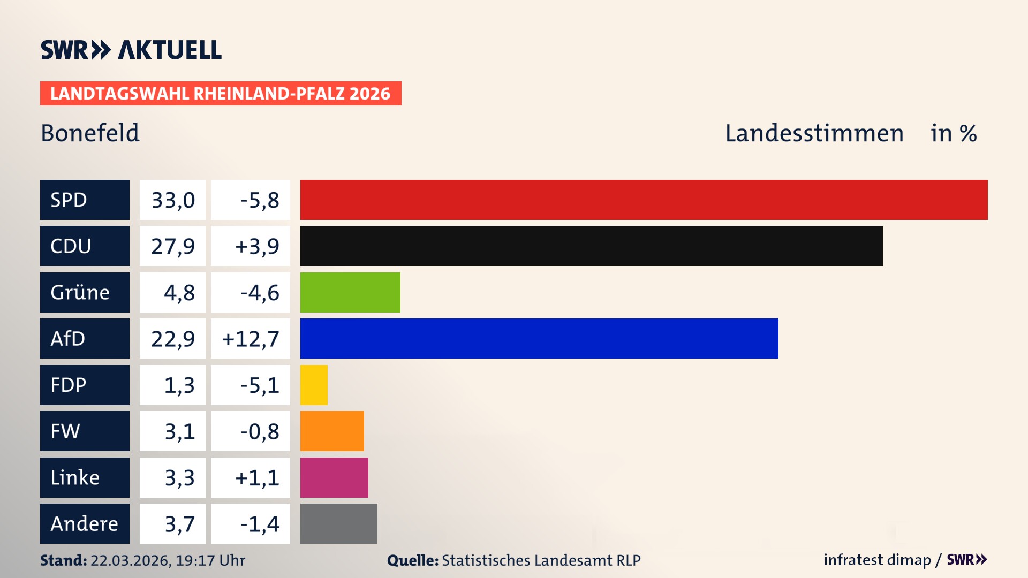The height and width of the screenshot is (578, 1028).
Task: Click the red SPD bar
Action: (x=644, y=200)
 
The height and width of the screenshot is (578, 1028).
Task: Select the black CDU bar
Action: (x=591, y=246)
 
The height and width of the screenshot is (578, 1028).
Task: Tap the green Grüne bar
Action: (x=350, y=292)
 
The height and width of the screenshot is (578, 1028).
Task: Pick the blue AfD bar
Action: (x=539, y=338)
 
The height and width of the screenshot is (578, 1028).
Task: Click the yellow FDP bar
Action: (x=314, y=385)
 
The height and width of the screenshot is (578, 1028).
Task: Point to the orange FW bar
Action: (x=332, y=431)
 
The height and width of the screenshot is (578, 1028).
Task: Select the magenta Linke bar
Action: (x=334, y=477)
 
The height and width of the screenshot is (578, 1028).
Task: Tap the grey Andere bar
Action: (x=338, y=523)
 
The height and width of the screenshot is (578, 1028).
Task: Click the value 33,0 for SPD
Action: (x=172, y=200)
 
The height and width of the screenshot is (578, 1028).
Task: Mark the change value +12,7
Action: (x=251, y=339)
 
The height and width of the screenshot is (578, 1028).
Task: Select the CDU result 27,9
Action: (x=172, y=246)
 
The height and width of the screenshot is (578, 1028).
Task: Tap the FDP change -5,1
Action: (x=259, y=385)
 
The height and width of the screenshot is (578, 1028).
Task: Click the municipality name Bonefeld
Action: (x=90, y=133)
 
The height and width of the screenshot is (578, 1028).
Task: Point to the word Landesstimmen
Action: (x=814, y=133)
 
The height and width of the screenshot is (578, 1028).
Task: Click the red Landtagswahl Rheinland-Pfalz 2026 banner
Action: (x=221, y=93)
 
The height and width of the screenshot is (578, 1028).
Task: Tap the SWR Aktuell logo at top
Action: (x=131, y=50)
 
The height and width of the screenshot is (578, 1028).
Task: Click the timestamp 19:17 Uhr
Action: (x=210, y=560)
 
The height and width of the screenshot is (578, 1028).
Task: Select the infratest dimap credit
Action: (x=876, y=560)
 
